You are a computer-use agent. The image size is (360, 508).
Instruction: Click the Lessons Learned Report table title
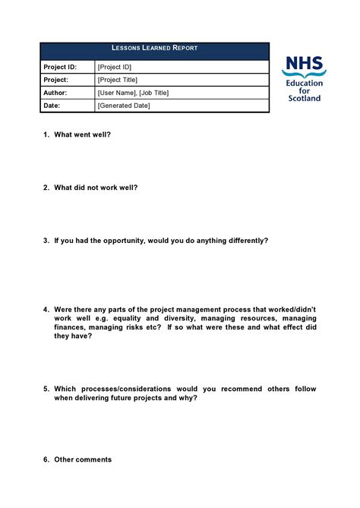(154, 48)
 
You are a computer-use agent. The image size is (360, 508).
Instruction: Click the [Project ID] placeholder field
(115, 67)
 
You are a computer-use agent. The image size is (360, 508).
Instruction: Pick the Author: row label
(56, 93)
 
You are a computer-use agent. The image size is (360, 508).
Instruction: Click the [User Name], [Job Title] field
(133, 93)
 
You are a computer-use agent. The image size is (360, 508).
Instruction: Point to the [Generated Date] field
(124, 106)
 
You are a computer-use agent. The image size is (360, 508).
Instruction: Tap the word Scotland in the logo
(304, 98)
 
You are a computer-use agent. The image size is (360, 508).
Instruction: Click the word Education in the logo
(304, 83)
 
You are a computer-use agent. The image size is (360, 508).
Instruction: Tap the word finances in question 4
(70, 327)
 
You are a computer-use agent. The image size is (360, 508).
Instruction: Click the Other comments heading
(83, 459)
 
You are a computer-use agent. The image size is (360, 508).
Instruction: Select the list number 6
(46, 459)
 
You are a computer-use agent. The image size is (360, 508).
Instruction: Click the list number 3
(46, 240)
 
